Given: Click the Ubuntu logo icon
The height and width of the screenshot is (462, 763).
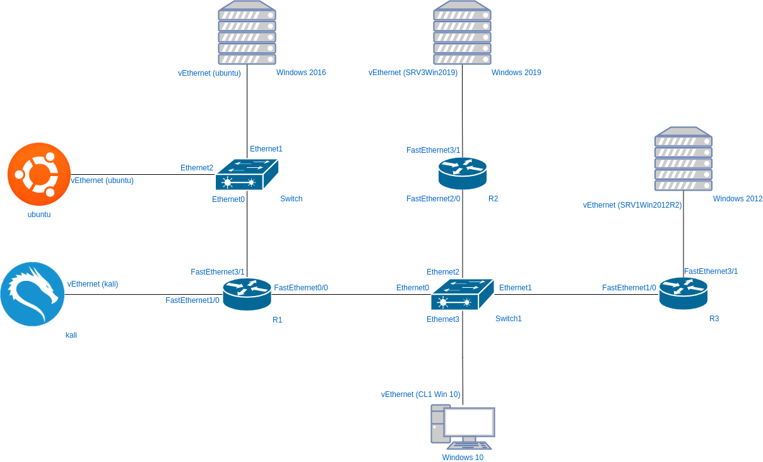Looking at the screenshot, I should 38,174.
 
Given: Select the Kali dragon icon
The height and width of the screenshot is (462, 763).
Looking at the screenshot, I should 32,294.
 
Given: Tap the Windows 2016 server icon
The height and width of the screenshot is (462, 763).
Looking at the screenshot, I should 247,32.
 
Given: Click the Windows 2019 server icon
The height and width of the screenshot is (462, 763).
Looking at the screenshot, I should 462,32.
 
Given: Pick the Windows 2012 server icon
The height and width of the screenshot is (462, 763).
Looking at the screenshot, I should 683,159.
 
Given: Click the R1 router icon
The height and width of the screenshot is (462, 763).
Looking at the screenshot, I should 247,294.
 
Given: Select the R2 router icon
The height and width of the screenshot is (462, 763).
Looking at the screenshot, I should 463,173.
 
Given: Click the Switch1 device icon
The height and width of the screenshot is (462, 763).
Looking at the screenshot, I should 462,294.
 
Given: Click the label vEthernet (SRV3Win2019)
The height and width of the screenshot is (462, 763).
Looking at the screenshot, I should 413,73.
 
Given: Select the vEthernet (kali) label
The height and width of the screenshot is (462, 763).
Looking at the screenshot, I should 93,284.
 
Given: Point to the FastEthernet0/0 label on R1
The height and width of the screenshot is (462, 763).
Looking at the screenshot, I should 301,288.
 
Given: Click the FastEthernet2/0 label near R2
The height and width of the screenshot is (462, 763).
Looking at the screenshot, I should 433,199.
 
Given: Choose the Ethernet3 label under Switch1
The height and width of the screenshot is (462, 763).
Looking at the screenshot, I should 442,319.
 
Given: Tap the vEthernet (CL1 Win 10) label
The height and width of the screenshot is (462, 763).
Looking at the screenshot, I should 420,394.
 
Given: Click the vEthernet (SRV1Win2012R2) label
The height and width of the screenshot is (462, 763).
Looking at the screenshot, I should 632,205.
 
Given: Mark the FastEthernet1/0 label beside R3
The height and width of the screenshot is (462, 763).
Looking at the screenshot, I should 629,288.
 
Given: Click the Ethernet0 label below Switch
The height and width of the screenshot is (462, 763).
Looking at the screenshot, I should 228,199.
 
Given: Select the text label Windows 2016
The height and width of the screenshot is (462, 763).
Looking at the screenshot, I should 301,73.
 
